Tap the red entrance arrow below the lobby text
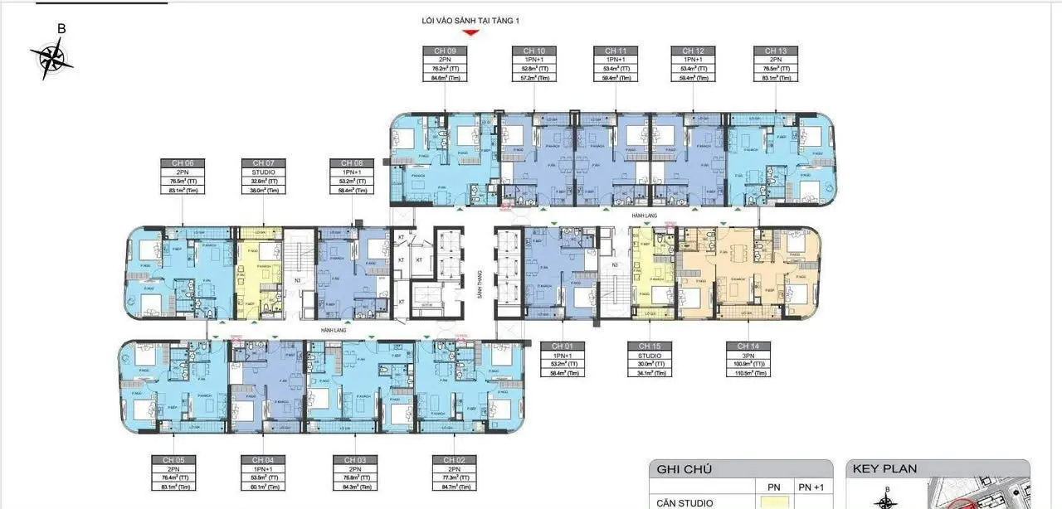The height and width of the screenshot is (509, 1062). click(470, 33)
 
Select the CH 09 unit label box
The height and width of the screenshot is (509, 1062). click(445, 65)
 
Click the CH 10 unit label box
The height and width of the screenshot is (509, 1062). click(533, 65)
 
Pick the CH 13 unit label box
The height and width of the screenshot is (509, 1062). click(775, 65)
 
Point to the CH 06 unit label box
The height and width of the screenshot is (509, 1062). click(183, 176)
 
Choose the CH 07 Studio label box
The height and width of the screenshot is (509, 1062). click(263, 176)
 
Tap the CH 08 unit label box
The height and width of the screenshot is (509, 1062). click(352, 176)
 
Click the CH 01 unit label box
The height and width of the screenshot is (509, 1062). click(562, 358)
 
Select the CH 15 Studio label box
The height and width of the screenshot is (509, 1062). click(649, 358)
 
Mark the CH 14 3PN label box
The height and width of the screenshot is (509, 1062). click(748, 358)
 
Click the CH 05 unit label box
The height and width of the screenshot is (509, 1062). click(173, 473)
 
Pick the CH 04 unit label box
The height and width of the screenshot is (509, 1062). click(263, 473)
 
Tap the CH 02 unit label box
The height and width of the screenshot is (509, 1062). click(454, 473)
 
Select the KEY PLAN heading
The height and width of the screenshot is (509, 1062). click(885, 469)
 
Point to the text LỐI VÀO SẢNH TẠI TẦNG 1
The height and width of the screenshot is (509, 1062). click(470, 20)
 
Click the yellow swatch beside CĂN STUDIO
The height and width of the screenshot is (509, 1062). click(772, 502)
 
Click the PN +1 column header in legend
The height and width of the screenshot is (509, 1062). click(810, 487)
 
